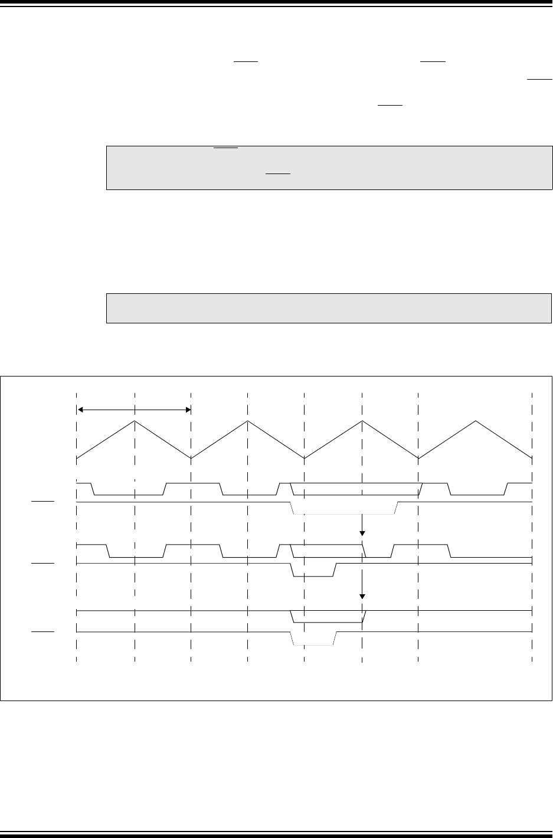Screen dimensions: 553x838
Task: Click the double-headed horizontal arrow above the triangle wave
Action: [x=134, y=408]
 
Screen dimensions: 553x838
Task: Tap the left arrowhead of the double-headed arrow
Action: [x=81, y=408]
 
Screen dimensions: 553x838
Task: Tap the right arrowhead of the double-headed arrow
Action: [x=187, y=408]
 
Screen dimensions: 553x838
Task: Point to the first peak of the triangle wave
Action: [x=135, y=421]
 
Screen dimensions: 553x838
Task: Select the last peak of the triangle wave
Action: [x=476, y=421]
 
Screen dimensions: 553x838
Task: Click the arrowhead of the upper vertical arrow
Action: [x=362, y=535]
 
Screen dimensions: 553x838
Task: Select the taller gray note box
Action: [x=329, y=168]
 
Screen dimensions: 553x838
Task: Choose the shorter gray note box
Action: [x=329, y=307]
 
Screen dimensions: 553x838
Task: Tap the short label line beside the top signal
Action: [x=42, y=501]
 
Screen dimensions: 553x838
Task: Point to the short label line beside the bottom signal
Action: [x=42, y=631]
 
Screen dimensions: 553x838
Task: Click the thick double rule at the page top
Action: [x=276, y=4]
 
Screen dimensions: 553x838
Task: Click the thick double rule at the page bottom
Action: [x=276, y=834]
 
